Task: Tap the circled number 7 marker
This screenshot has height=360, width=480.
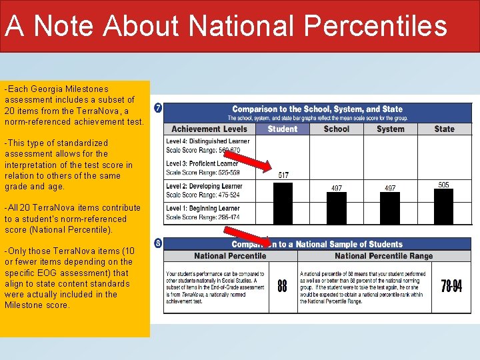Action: (157, 108)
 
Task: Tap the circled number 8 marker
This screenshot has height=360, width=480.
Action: (157, 243)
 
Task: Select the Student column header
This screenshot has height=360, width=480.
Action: (283, 129)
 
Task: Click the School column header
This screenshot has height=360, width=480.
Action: (337, 129)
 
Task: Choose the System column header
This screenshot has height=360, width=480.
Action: (390, 129)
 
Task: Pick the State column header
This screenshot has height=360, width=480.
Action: (444, 129)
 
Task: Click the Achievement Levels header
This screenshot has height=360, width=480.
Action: (209, 129)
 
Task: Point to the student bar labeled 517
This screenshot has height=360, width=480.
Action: (283, 203)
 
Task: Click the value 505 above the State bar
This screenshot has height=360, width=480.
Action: (443, 185)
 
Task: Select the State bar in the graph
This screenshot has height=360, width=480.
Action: (443, 206)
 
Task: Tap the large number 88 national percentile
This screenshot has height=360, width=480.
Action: (283, 286)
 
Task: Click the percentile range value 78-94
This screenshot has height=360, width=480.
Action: (451, 286)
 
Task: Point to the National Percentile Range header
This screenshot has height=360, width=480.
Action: (383, 256)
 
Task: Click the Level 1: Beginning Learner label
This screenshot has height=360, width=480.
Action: (203, 209)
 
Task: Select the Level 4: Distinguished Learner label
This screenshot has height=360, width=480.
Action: (207, 141)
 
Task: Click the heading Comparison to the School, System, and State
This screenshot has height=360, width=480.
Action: (317, 109)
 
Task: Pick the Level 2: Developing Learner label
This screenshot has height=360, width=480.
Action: (204, 186)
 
